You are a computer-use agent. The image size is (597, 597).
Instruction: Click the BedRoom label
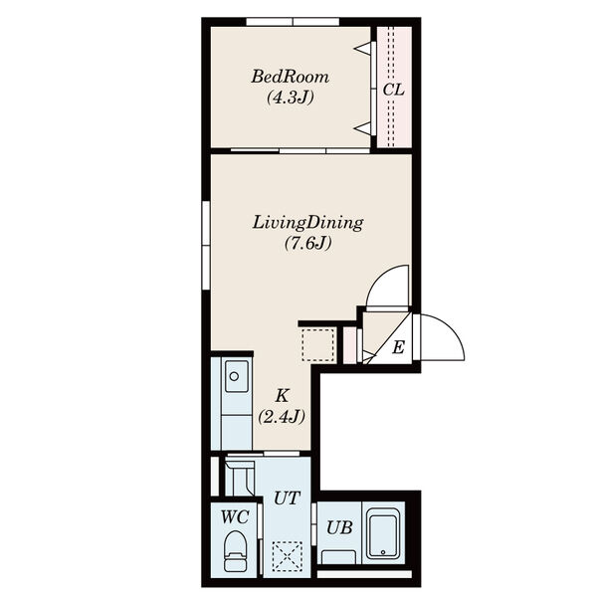coord(291,77)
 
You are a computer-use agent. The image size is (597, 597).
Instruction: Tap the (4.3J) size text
coord(291,98)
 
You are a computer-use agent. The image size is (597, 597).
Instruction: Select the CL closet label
coord(394,90)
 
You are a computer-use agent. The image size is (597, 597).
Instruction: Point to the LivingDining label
coord(307,223)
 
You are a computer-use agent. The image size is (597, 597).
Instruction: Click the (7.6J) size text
coord(308,244)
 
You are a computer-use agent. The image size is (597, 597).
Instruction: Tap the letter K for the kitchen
coord(283,396)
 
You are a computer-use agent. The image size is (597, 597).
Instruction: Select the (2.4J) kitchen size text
coord(282,417)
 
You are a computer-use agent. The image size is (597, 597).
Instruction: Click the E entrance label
coord(398,347)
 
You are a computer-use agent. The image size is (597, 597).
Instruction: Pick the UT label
coord(288,498)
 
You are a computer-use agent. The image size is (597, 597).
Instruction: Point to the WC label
coord(235,517)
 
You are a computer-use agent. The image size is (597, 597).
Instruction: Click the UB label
coord(339,527)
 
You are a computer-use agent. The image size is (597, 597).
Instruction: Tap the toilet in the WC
coord(235,551)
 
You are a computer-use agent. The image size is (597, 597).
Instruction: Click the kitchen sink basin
coord(237,376)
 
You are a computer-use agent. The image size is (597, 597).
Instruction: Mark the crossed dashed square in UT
coord(288,556)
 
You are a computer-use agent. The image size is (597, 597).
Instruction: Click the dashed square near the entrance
coord(318,344)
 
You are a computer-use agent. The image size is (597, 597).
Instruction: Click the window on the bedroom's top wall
coord(293,22)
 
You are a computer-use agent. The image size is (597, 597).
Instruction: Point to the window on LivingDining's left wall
coord(206,245)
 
